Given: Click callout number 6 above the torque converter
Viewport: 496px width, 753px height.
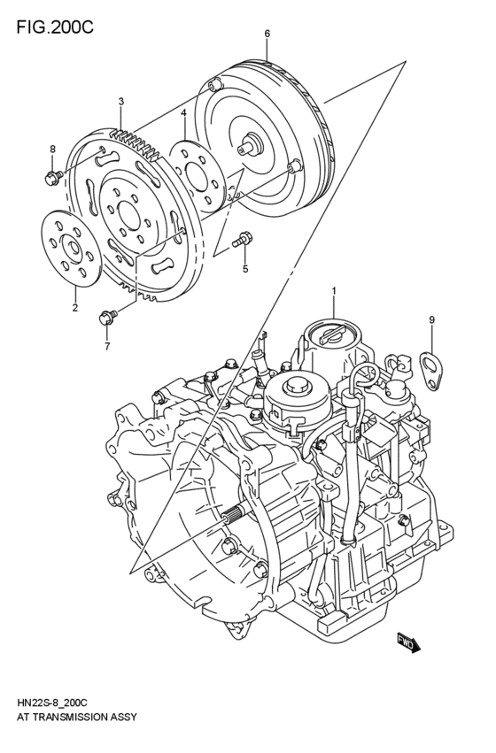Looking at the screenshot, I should click(267, 35).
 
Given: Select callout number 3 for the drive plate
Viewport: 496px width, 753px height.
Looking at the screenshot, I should click(121, 103).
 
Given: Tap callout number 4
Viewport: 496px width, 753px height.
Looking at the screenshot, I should click(182, 112).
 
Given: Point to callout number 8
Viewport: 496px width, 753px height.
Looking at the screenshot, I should click(52, 149).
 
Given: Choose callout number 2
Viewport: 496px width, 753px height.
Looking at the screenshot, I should click(74, 308).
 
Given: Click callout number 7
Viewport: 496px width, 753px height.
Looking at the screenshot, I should click(106, 346).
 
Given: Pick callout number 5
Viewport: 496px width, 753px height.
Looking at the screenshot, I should click(245, 268).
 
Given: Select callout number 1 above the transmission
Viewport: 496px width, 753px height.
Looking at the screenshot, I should click(334, 290).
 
